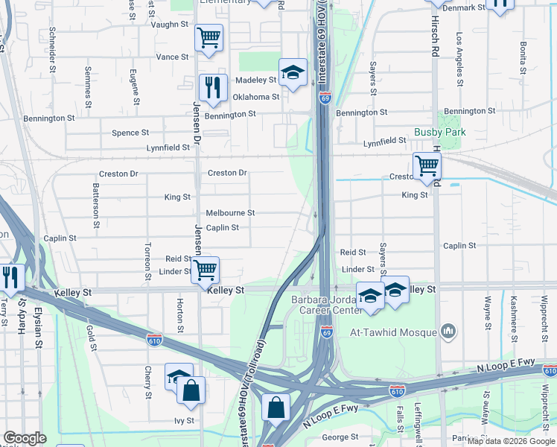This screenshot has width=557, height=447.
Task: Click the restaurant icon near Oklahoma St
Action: [x=213, y=87]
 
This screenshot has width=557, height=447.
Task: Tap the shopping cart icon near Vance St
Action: [x=209, y=37]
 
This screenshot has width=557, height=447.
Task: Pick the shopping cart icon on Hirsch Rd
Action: [x=427, y=165]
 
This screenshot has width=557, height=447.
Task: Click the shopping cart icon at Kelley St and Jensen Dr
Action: [x=205, y=269]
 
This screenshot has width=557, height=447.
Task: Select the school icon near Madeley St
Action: [x=293, y=72]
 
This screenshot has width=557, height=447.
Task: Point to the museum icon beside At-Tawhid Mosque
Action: [x=448, y=329]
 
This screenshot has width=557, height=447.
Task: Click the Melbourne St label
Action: [x=230, y=212]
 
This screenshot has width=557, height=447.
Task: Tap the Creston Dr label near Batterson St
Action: [x=118, y=174]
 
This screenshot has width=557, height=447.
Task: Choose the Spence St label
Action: [x=130, y=133]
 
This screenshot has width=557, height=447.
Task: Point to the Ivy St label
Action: [x=185, y=420]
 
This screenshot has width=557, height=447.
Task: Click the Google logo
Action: [x=25, y=437]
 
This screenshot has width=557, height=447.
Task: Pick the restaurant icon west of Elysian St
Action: [x=11, y=276]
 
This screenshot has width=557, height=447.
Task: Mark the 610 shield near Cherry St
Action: [x=155, y=339]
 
